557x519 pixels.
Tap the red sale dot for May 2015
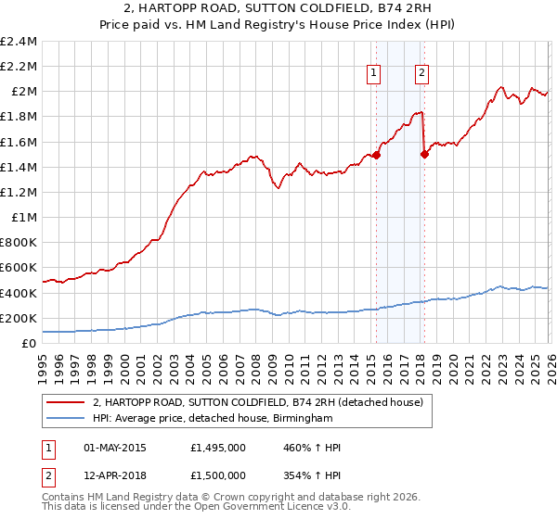[x=376, y=156]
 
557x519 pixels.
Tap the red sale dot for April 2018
[x=424, y=155]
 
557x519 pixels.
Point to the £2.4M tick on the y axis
[x=20, y=42]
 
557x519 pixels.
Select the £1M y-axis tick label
[x=25, y=218]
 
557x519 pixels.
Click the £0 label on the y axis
[x=30, y=343]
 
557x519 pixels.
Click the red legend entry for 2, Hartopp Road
[x=257, y=402]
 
